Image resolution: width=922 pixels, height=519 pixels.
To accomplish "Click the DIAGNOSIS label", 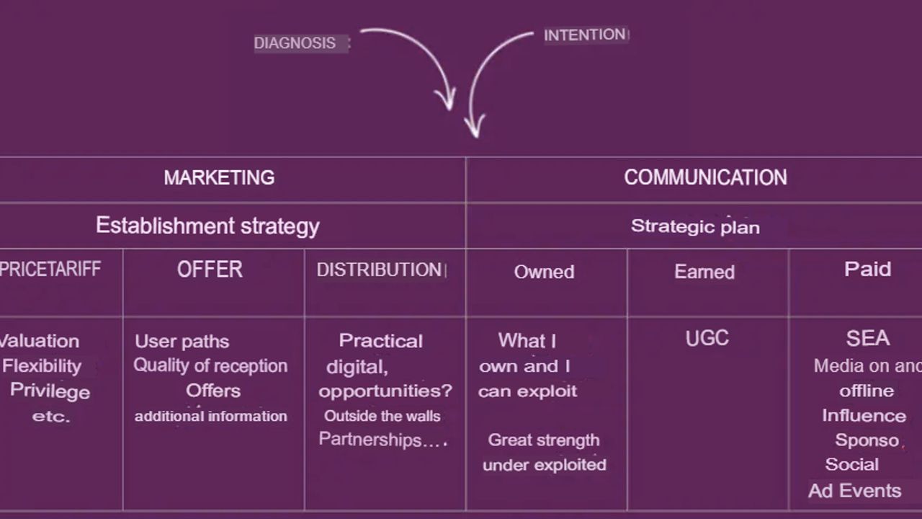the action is coord(295,43).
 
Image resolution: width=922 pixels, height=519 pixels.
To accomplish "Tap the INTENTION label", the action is coord(585,35).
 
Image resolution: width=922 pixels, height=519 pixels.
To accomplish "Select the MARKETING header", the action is coord(219,177).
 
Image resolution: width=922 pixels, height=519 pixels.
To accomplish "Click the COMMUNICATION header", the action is coord(705,177).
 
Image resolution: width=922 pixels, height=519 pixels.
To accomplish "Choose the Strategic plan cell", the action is coord(695,226).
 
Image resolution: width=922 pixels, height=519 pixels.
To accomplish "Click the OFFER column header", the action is coord(210,270).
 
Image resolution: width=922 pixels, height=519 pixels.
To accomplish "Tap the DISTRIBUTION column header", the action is coord(379,270).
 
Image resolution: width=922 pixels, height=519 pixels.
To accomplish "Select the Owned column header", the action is coord(544,272).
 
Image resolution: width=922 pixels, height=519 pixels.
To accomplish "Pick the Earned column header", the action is coord(704,272).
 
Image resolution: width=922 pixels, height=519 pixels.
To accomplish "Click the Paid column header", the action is coord(868,269).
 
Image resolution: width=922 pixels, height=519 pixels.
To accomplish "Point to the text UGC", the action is coord(707,338).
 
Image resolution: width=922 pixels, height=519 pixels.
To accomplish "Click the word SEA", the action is coord(868,338).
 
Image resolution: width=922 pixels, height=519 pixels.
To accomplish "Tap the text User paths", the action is coord(182,342).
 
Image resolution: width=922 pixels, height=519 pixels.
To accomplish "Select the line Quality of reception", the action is coord(210,365).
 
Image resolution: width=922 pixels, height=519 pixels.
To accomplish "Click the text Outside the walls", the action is coord(382,416).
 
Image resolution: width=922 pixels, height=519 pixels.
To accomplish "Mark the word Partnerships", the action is coord(370,440).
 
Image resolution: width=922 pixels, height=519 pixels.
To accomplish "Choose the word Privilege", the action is coord(50,391).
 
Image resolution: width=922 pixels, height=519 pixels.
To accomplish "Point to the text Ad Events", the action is coord(854,491).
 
